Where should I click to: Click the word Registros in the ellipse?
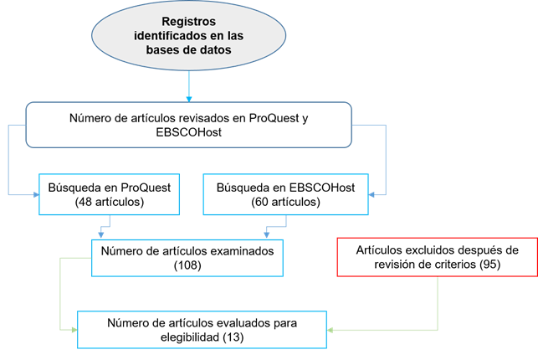click(x=188, y=21)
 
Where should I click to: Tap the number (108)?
click(x=188, y=265)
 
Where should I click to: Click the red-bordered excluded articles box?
click(x=436, y=257)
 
